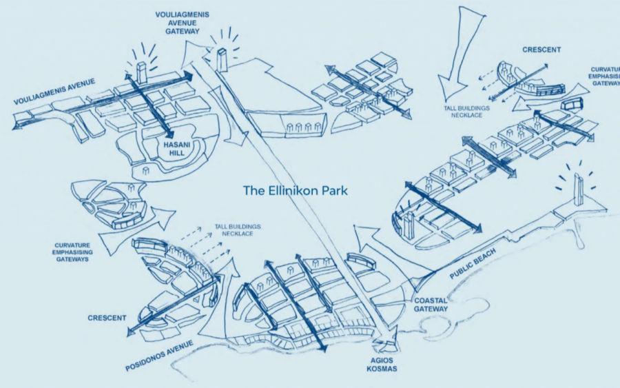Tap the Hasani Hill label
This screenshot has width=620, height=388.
pos(171,149)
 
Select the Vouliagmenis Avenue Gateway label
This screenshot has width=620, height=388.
pos(182,23)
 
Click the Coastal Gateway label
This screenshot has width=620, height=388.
pos(431,305)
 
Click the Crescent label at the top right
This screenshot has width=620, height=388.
pos(541,50)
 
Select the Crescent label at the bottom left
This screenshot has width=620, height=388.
pos(107,318)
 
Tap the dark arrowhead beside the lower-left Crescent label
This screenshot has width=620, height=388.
pos(130,333)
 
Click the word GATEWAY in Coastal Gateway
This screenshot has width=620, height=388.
pos(431,309)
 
